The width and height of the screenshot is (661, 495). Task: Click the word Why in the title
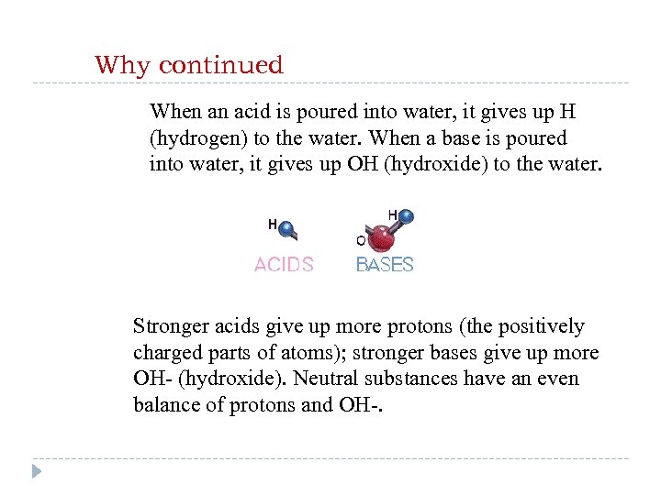pyautogui.click(x=122, y=66)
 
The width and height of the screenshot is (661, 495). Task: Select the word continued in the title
pyautogui.click(x=221, y=66)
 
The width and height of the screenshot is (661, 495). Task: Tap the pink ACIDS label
pyautogui.click(x=284, y=265)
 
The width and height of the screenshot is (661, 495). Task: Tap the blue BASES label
pyautogui.click(x=385, y=265)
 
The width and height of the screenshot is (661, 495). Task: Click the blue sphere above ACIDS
pyautogui.click(x=287, y=228)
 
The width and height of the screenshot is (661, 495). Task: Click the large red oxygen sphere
pyautogui.click(x=379, y=236)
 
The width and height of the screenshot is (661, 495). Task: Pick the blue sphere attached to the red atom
pyautogui.click(x=406, y=217)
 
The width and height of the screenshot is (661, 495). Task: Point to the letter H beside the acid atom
pyautogui.click(x=273, y=224)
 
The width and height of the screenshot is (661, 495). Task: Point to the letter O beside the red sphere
pyautogui.click(x=361, y=241)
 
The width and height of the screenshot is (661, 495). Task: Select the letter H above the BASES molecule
pyautogui.click(x=393, y=214)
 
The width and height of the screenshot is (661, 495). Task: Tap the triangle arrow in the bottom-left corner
pyautogui.click(x=37, y=472)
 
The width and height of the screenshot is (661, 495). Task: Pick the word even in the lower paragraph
pyautogui.click(x=560, y=379)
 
